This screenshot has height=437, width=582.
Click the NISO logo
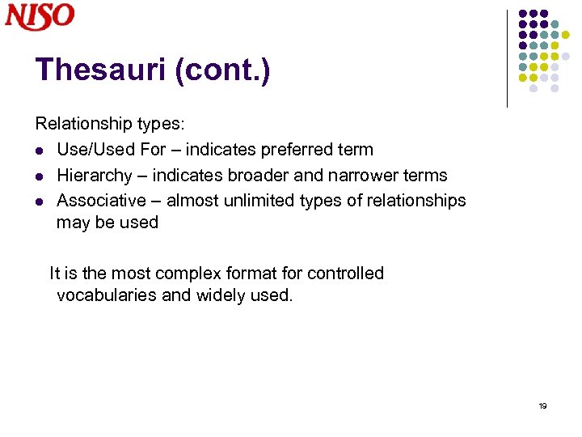[40, 16]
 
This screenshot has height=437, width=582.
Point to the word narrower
[369, 176]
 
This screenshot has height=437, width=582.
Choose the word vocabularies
[107, 295]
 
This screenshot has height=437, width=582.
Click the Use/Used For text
[102, 150]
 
